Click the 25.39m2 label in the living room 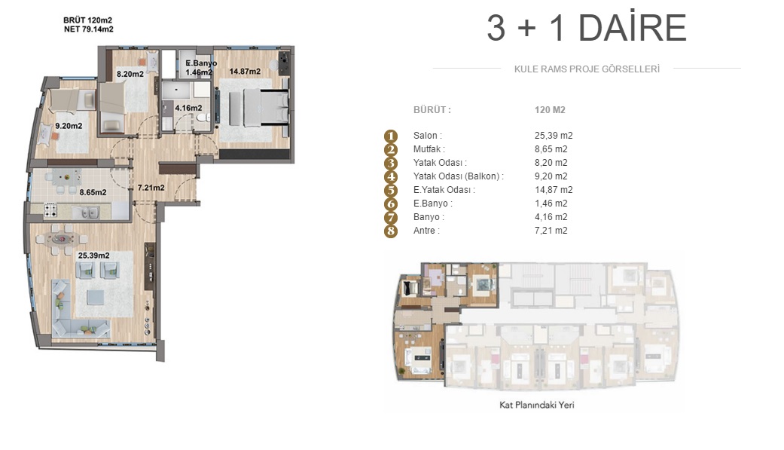coord(93,256)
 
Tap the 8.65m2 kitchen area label coord(93,192)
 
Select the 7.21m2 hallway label coord(151,188)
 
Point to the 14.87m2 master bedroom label coord(245,72)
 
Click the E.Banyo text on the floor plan coord(201,63)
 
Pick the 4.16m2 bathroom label coord(188,108)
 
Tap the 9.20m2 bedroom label coord(69,126)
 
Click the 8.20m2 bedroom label coord(130,74)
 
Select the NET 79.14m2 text coord(89,29)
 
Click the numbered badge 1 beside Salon coord(391,136)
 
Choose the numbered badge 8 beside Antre coord(391,231)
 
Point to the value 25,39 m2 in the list coord(554,136)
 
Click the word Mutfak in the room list coord(427,149)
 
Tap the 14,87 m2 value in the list coord(554,190)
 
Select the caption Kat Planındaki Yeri coord(536,405)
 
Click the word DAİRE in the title coord(633,28)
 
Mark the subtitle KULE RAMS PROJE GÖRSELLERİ coord(587,69)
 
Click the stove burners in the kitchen coord(50,210)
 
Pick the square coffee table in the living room coord(96,298)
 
